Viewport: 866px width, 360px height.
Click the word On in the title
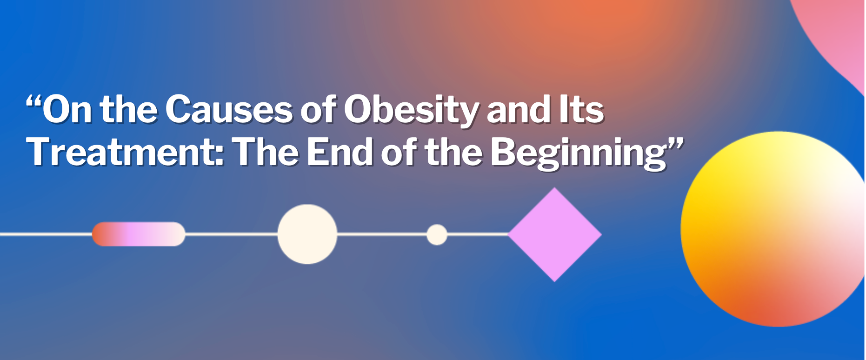67,109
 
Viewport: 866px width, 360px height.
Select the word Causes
229,109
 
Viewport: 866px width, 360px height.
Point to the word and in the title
519,109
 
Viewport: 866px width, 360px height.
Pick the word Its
581,109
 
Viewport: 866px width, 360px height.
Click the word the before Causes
129,109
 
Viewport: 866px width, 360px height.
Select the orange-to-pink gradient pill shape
139,234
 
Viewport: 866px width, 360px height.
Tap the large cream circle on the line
307,234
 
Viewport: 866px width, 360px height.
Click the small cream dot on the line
437,234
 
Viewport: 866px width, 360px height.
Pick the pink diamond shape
554,234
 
